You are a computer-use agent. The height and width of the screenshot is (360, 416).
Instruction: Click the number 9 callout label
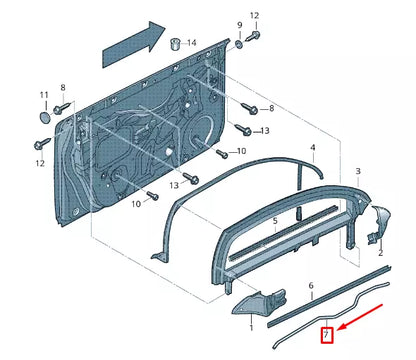240,23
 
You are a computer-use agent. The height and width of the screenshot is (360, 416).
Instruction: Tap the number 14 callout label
191,43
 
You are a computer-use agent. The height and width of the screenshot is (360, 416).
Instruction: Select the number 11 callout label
43,95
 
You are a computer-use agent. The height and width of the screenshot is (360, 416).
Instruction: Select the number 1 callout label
251,326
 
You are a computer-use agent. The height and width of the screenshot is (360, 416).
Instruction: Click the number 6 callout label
311,286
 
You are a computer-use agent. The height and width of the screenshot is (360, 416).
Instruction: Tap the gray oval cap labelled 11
43,117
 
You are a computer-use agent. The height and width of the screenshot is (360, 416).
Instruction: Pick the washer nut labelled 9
240,44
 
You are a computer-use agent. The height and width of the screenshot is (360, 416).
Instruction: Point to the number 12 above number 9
254,15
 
